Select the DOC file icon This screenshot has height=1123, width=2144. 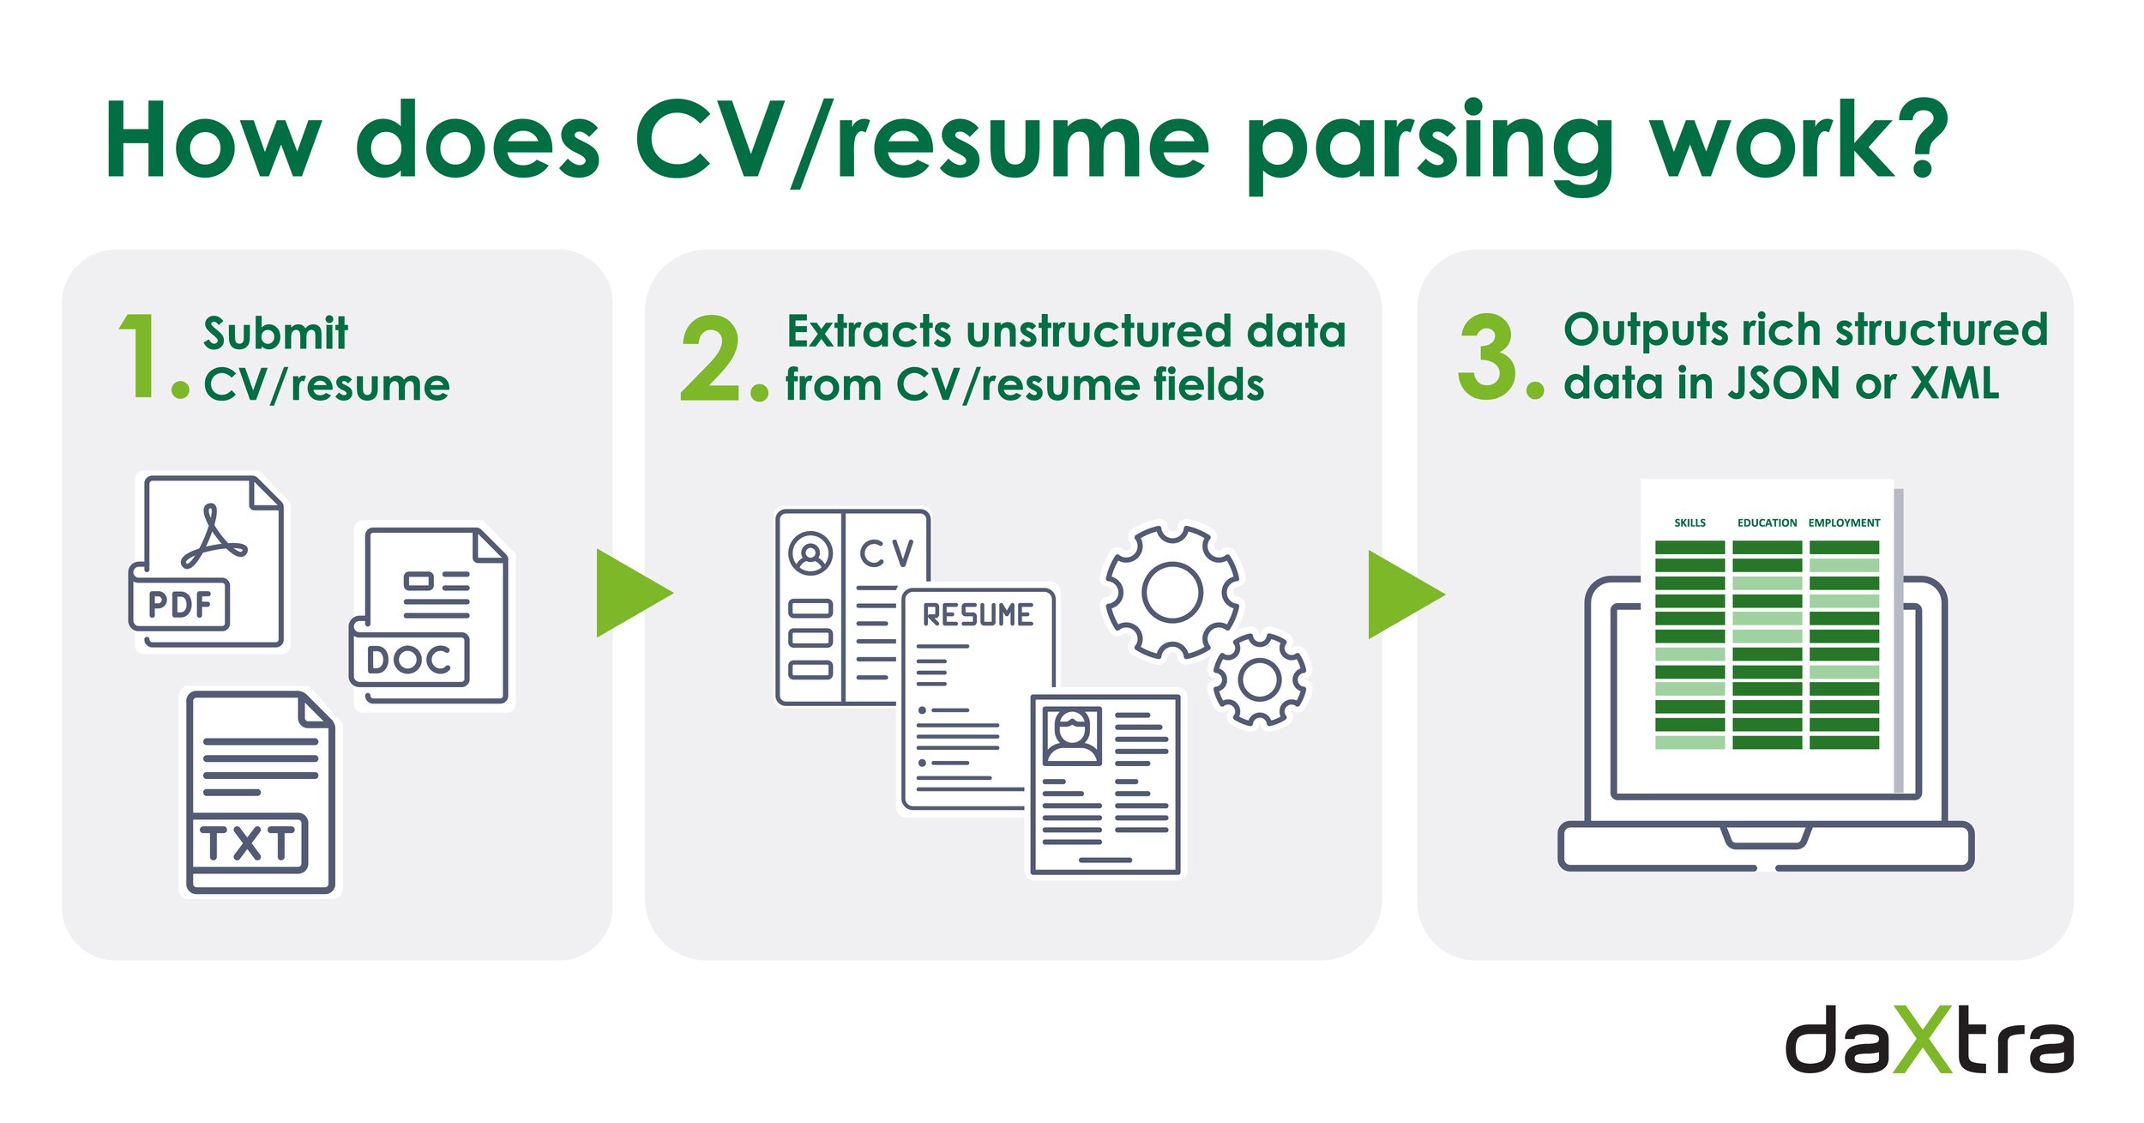[429, 616]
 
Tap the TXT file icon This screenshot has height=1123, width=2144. [260, 793]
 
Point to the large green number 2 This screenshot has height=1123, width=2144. [710, 358]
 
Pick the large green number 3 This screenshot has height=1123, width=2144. [1487, 356]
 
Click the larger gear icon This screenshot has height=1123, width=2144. [1171, 592]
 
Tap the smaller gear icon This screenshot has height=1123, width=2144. [1259, 679]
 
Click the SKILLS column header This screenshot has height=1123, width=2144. [1689, 522]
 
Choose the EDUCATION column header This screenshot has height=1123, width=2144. [1767, 522]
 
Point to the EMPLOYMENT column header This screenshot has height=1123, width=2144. [1844, 522]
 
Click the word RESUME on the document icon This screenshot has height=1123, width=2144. [978, 615]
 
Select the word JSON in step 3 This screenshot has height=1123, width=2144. [1783, 383]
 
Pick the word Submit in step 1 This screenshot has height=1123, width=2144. [275, 333]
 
